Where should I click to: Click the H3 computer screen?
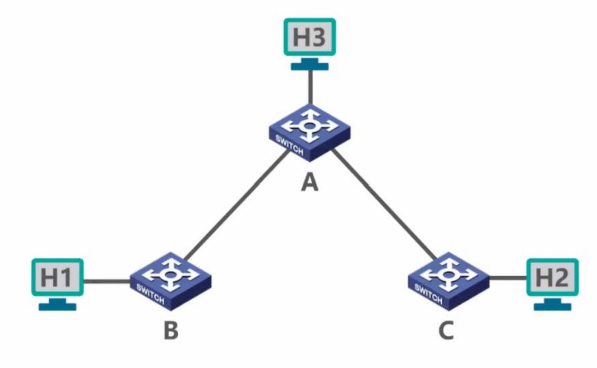pyautogui.click(x=310, y=37)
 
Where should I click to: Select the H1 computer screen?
pyautogui.click(x=57, y=277)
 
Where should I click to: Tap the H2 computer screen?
pyautogui.click(x=552, y=277)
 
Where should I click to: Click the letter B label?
pyautogui.click(x=170, y=331)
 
